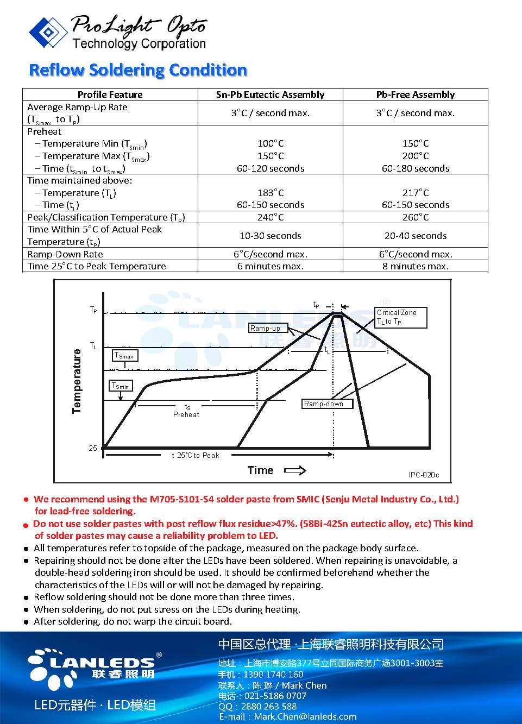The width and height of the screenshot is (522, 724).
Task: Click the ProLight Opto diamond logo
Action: (x=48, y=32)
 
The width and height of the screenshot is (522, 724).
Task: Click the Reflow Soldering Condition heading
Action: (x=138, y=70)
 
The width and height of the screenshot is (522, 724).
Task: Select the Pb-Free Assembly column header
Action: (x=416, y=95)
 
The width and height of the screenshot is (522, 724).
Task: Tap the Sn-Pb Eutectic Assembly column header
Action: (x=270, y=95)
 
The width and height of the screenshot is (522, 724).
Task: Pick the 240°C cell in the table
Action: (x=271, y=217)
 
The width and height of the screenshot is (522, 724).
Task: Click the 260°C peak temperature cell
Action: (x=416, y=217)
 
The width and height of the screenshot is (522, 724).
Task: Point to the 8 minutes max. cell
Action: (x=416, y=266)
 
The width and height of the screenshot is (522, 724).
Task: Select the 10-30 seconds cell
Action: (x=271, y=236)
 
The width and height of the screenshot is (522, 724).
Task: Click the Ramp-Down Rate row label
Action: (x=65, y=254)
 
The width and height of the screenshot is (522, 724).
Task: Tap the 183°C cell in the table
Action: (x=271, y=193)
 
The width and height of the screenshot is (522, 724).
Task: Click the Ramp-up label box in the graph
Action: (x=265, y=328)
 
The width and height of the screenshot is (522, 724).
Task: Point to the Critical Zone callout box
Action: (x=401, y=317)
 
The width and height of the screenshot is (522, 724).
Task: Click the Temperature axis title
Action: (x=77, y=381)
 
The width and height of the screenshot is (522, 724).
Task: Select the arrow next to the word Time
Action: (x=295, y=470)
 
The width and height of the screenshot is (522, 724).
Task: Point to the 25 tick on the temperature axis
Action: (x=93, y=448)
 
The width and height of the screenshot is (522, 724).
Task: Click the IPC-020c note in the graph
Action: (x=424, y=475)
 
